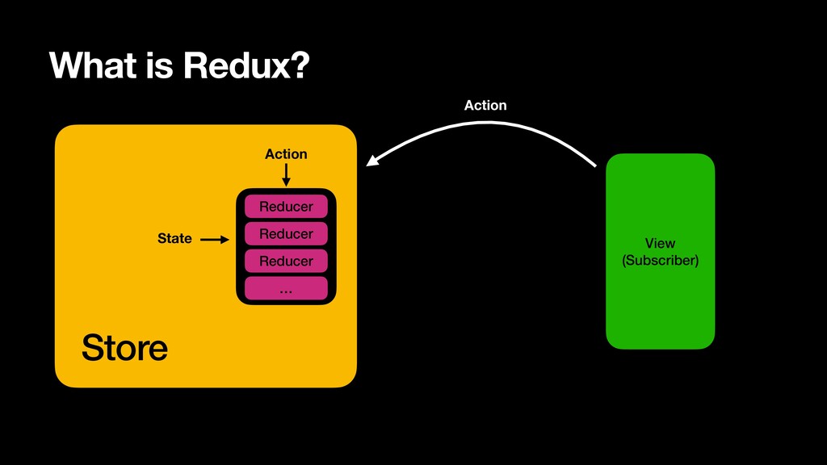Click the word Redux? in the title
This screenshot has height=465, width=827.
tap(246, 65)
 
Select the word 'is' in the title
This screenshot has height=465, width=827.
tap(161, 65)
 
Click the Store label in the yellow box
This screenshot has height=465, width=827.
tap(124, 347)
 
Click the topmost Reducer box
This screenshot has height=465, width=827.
tap(286, 206)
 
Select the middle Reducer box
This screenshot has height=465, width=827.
tap(286, 233)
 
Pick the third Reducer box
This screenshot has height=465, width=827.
tap(286, 261)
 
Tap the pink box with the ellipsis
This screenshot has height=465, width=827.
tap(286, 288)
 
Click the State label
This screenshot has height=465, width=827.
tap(174, 238)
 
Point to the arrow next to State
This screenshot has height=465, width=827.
tap(215, 239)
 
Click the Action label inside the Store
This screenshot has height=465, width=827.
tap(286, 154)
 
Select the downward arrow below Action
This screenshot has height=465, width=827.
tap(286, 175)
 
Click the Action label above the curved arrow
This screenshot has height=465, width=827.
tap(485, 106)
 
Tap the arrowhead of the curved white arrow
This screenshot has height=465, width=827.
tap(372, 161)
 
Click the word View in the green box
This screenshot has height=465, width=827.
tap(660, 243)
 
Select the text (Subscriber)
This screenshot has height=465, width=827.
tap(661, 261)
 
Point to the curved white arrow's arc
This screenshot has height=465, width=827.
tap(485, 123)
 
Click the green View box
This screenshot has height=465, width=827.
tap(661, 251)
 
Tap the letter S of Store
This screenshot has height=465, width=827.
tap(92, 347)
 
